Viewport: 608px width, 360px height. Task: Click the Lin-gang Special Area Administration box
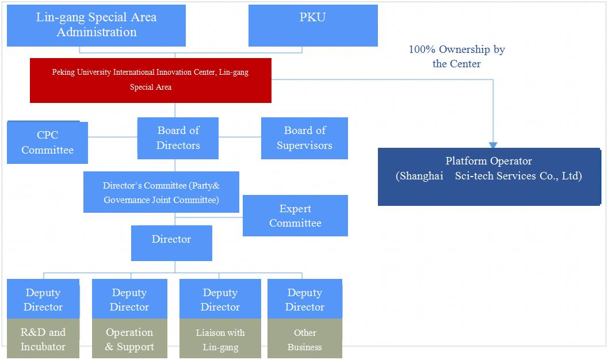pyautogui.click(x=96, y=25)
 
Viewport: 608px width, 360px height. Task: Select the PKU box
pyautogui.click(x=313, y=25)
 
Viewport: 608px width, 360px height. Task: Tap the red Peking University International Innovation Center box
pyautogui.click(x=150, y=80)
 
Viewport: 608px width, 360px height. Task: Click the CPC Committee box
pyautogui.click(x=47, y=143)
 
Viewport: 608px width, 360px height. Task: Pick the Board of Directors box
pyautogui.click(x=178, y=138)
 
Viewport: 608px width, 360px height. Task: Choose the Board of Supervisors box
pyautogui.click(x=304, y=138)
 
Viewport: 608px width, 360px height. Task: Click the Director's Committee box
pyautogui.click(x=161, y=193)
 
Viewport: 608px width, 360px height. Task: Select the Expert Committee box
pyautogui.click(x=295, y=216)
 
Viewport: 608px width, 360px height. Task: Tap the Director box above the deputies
pyautogui.click(x=171, y=243)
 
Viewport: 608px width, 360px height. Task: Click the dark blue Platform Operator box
pyautogui.click(x=489, y=177)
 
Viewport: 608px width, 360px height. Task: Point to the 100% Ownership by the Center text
pyautogui.click(x=457, y=56)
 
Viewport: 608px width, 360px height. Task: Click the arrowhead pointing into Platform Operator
pyautogui.click(x=493, y=145)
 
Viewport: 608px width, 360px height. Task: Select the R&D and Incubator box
pyautogui.click(x=43, y=339)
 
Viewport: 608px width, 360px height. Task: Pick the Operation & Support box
pyautogui.click(x=129, y=339)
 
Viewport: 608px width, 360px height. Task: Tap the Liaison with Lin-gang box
pyautogui.click(x=220, y=339)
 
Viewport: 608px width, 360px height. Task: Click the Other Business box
pyautogui.click(x=305, y=339)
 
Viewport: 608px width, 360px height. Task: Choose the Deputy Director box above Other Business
pyautogui.click(x=305, y=300)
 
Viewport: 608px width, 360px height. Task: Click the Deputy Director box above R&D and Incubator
pyautogui.click(x=43, y=300)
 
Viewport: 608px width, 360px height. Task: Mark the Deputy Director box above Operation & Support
pyautogui.click(x=129, y=300)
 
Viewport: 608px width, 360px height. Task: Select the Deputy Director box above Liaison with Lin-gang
pyautogui.click(x=220, y=300)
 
